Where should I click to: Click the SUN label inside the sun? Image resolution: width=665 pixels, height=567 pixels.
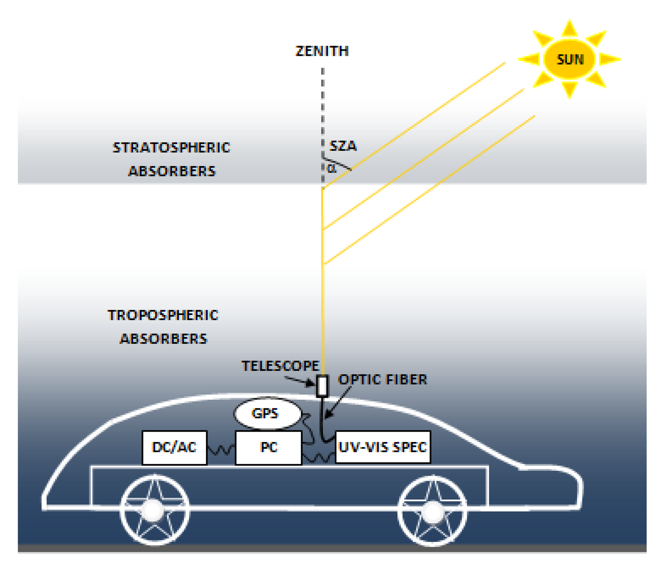[x=570, y=59]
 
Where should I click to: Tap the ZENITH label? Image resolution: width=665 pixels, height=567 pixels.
[x=322, y=51]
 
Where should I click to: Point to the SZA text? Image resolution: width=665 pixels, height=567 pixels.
[x=343, y=146]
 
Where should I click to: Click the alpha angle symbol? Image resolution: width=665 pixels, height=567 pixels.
[x=332, y=168]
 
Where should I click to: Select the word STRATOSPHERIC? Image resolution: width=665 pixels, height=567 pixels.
[x=171, y=148]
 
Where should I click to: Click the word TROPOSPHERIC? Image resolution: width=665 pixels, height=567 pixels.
[x=163, y=315]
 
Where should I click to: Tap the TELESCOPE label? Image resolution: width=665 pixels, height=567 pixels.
[x=280, y=366]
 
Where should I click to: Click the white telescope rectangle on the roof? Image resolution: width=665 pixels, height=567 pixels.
[x=322, y=386]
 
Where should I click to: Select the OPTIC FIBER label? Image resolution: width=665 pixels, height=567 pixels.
[x=383, y=379]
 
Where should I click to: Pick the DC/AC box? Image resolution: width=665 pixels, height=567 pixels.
[x=174, y=447]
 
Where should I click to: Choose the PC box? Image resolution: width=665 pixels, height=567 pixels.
[x=269, y=447]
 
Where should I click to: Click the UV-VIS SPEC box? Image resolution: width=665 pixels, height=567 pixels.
[x=383, y=447]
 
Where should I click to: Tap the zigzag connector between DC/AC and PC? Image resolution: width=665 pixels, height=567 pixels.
[x=221, y=450]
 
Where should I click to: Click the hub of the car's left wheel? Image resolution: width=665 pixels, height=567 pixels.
[x=153, y=510]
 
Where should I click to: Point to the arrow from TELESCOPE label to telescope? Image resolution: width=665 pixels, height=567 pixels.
[x=299, y=381]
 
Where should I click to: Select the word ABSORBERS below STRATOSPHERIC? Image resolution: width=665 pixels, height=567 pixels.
[x=172, y=171]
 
